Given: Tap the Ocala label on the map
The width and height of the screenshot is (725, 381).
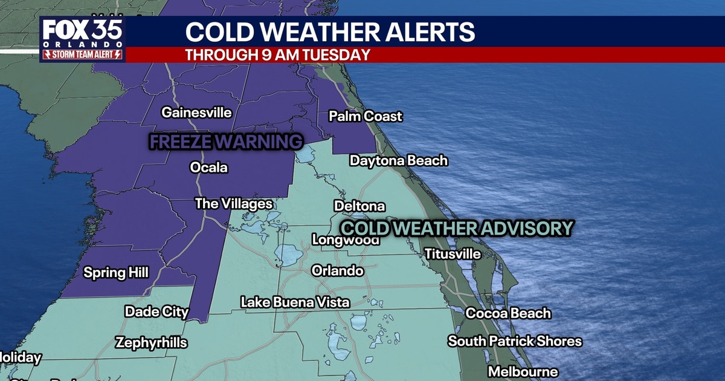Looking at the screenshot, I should (x=209, y=168).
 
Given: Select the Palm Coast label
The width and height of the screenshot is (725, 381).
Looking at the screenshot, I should (x=366, y=116).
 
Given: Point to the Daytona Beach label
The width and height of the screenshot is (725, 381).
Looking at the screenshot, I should (x=399, y=161).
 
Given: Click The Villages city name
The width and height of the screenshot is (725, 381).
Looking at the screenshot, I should (x=233, y=204).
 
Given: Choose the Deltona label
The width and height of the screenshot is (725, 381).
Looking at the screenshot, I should (x=359, y=206).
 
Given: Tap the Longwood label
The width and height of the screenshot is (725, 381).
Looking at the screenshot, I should (x=346, y=240).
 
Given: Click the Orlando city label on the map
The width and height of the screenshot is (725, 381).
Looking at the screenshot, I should (x=338, y=271).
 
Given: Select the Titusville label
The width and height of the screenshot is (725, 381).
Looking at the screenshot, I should (x=453, y=254).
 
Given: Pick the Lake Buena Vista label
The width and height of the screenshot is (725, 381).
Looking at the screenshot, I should (x=295, y=302).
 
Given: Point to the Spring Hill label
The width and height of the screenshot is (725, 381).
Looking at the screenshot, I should (x=115, y=273).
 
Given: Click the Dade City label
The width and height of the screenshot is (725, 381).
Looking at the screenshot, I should (x=156, y=312).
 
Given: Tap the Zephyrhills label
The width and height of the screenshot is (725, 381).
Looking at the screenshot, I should (x=151, y=343).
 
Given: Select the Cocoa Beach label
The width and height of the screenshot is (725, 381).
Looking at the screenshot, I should (x=507, y=313).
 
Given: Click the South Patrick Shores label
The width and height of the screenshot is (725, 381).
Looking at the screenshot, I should (x=515, y=341).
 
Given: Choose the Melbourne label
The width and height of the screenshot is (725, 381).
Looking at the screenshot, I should (x=523, y=371).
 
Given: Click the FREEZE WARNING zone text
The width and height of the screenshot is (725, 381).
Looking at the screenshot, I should (x=225, y=142).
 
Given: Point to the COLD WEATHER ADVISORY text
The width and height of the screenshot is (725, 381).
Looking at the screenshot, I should (x=456, y=228).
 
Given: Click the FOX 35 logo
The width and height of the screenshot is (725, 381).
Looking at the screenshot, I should (x=83, y=37).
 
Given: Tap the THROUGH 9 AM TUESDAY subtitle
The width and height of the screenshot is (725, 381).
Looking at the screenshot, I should (x=277, y=54).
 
